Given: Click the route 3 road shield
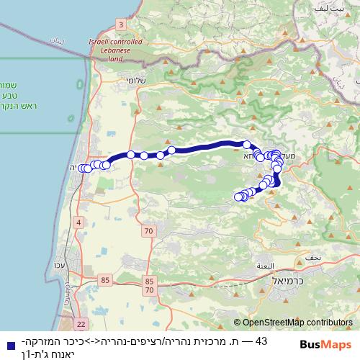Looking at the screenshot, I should coord(120,24).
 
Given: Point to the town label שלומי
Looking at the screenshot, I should coord(135,81).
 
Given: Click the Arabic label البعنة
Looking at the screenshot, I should coord(264,266).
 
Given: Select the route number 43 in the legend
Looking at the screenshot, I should coord(261,341).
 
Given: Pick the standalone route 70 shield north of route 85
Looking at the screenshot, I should coord(148,231).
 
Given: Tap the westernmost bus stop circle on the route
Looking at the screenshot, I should coord(81,168).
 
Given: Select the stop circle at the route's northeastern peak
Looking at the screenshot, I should coord(246,144).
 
